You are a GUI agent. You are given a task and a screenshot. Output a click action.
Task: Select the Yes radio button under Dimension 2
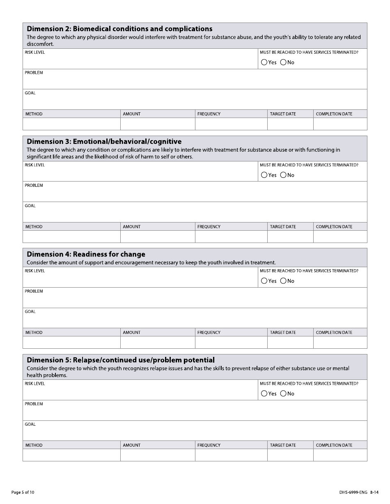264,63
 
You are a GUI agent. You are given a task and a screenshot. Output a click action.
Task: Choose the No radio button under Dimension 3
283,175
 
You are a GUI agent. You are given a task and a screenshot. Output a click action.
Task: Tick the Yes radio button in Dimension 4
264,281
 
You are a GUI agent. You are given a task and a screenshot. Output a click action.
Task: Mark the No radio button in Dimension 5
283,394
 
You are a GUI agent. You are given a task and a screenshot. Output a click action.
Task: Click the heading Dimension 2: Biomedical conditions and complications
119,29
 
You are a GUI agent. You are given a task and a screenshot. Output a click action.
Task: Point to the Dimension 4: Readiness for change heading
86,254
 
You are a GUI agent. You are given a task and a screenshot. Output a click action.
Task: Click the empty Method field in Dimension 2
71,124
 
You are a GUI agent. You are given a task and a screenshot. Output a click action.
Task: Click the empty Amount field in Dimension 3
158,236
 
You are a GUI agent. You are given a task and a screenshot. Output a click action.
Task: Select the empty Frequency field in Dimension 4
231,342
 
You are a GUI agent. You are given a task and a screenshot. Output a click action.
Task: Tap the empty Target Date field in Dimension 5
290,455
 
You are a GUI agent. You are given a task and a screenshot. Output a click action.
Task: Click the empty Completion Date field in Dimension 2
340,124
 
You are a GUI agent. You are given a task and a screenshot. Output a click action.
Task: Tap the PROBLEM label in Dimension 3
34,186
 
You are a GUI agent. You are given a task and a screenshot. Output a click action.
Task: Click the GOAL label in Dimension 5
30,425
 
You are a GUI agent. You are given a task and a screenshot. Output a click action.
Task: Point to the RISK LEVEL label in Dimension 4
34,271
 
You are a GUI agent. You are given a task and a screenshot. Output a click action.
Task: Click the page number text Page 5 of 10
23,492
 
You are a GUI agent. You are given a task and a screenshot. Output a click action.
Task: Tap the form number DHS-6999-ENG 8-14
356,492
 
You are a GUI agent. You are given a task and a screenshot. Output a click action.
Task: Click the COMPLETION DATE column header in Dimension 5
334,445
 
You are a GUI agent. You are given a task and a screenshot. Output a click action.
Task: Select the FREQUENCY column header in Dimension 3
209,227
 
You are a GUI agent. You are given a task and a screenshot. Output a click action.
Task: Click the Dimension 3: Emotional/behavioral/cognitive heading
104,142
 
